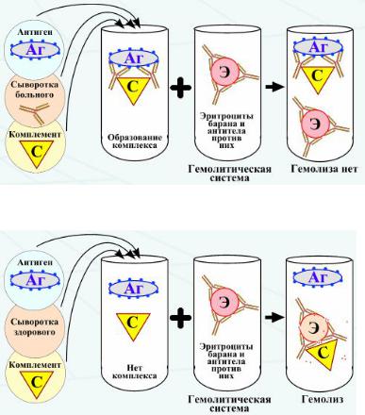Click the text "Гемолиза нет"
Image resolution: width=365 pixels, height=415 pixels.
(x=324, y=169)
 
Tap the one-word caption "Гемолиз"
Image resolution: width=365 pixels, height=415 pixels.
(x=323, y=399)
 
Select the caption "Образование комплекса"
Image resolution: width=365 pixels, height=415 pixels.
(x=135, y=141)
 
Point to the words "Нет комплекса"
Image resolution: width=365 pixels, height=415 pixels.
(x=135, y=372)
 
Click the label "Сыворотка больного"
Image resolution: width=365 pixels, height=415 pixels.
(x=35, y=90)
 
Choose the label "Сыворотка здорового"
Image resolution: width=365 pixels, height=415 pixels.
(x=35, y=327)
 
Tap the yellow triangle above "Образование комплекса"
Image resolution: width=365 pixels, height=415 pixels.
(x=133, y=89)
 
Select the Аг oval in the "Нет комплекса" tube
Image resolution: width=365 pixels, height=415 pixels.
(x=133, y=288)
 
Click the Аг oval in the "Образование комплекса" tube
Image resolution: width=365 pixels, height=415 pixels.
(x=133, y=58)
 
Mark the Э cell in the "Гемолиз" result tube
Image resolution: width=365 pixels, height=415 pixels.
(x=313, y=328)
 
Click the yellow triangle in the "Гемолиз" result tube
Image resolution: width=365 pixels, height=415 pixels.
(x=324, y=352)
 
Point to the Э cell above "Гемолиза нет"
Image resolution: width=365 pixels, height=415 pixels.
(x=314, y=124)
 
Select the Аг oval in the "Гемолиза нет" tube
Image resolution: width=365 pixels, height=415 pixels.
(x=318, y=48)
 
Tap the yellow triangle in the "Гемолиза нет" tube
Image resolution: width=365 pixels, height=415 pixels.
(x=318, y=78)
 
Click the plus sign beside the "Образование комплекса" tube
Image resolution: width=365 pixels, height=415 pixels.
(x=181, y=88)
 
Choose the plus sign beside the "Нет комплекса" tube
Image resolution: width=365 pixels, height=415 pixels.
(x=181, y=318)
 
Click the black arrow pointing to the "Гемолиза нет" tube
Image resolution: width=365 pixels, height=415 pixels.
(x=274, y=87)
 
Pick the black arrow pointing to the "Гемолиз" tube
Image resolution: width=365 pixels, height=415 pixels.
(x=274, y=317)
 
